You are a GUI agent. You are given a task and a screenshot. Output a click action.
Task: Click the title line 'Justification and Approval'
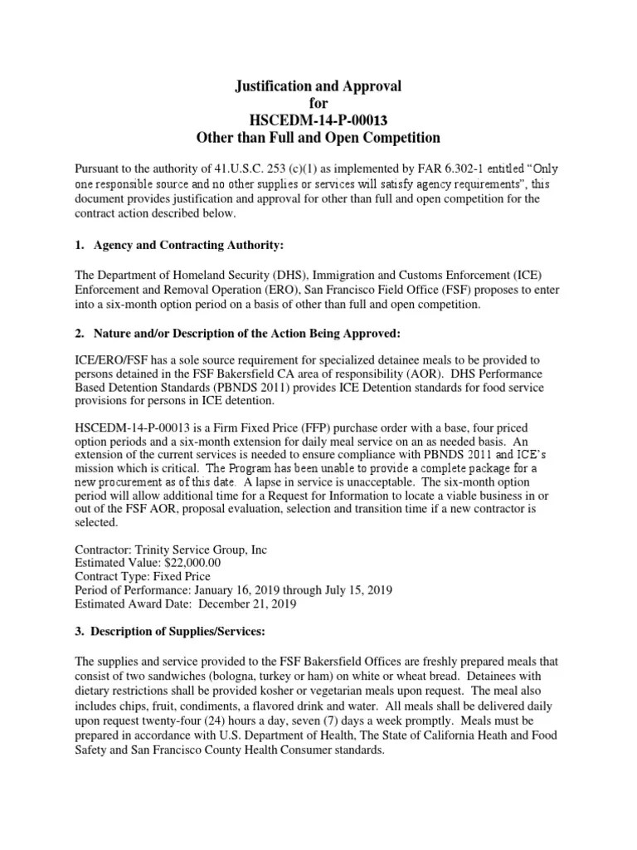319,85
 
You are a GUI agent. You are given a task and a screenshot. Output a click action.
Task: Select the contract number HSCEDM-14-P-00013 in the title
319,120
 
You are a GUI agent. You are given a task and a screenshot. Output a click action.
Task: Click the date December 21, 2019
239,604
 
